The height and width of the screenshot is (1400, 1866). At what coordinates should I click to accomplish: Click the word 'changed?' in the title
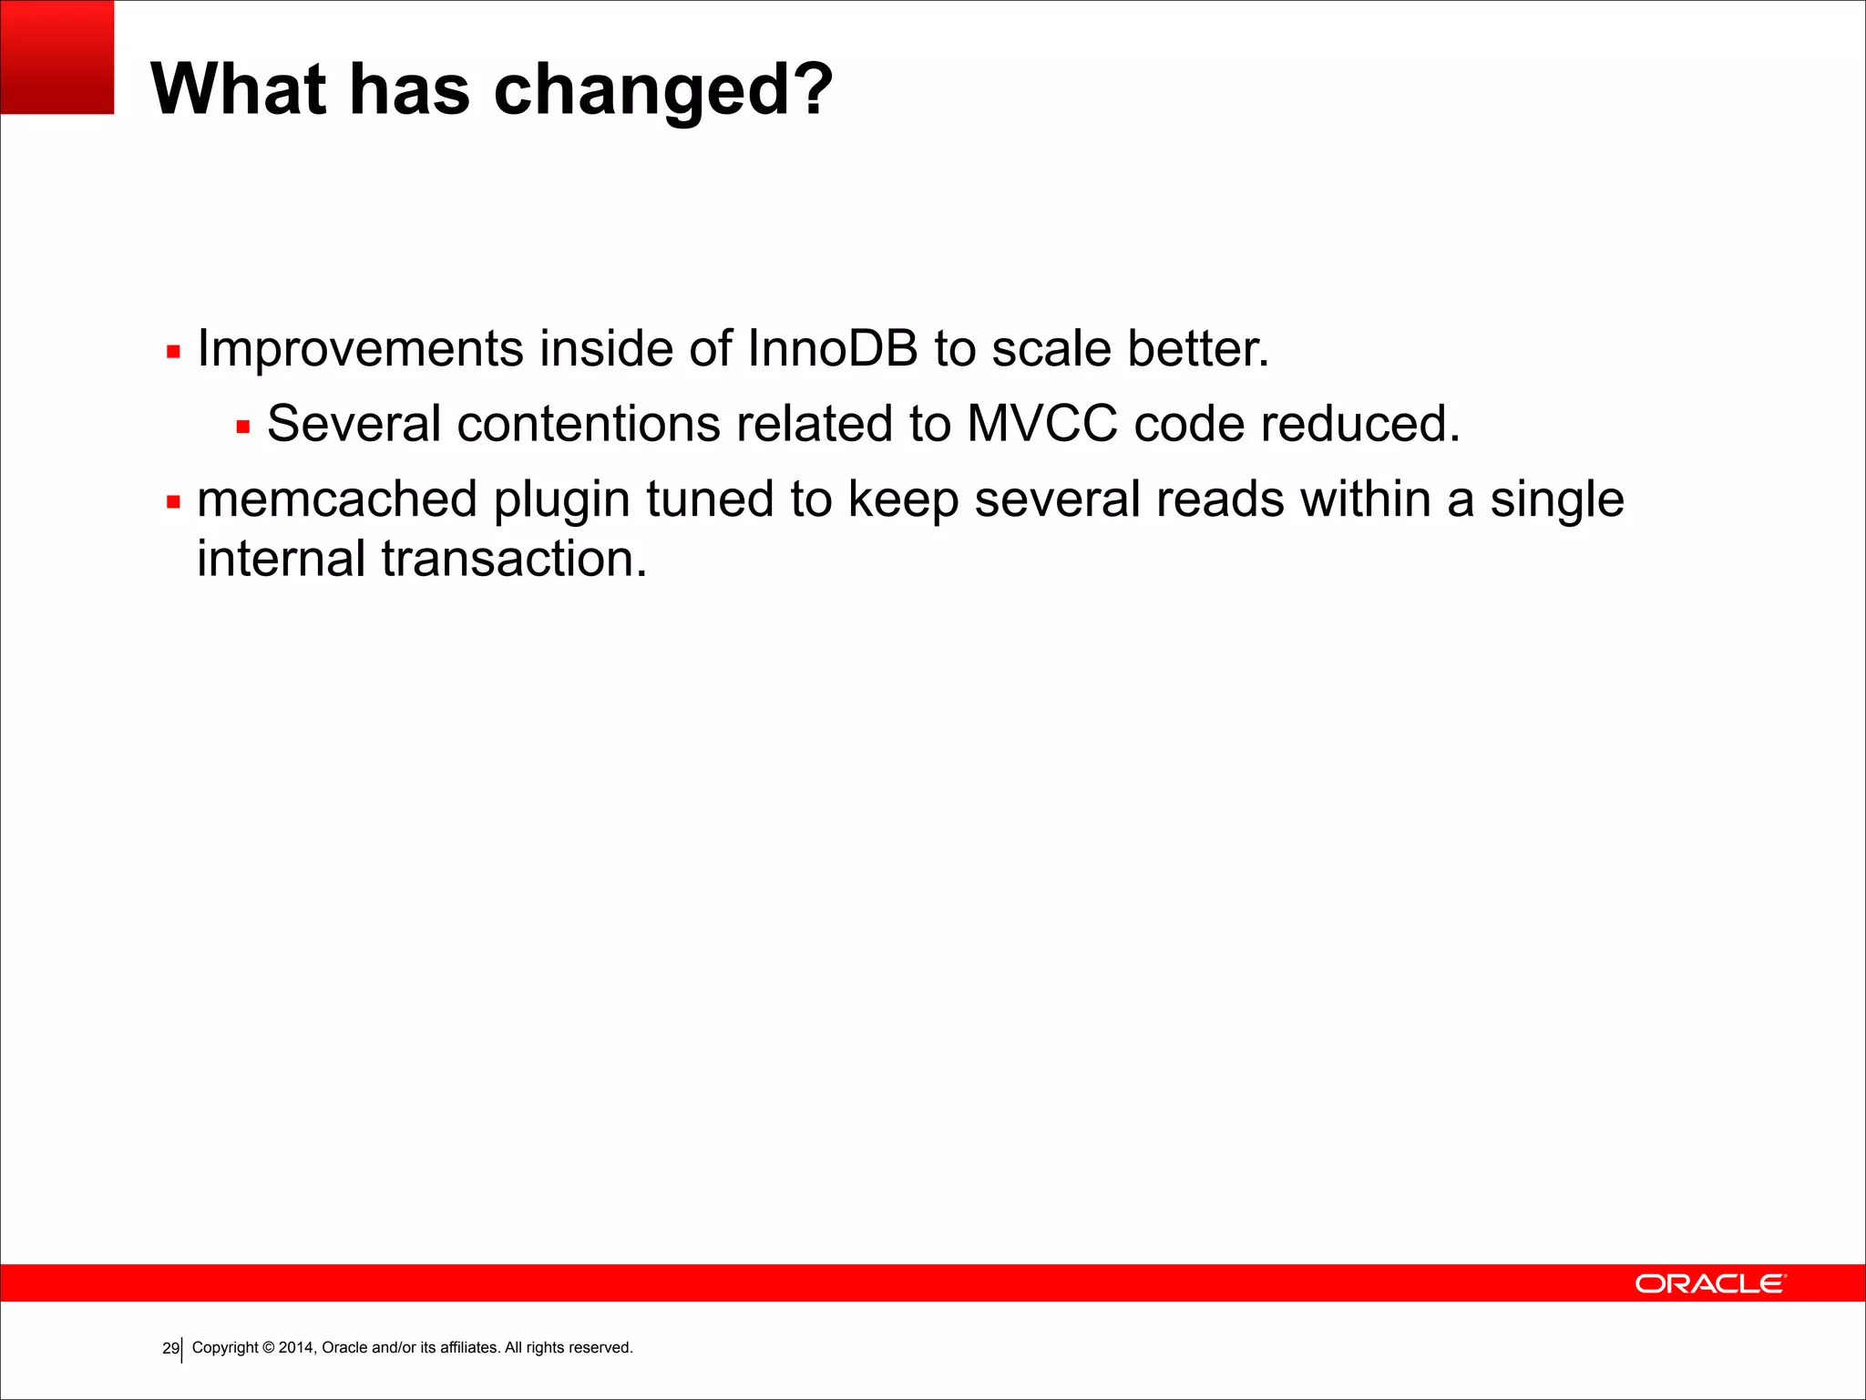662,90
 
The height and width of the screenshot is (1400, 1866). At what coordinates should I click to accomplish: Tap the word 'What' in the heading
239,88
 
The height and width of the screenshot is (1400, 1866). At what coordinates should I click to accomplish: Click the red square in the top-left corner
56,57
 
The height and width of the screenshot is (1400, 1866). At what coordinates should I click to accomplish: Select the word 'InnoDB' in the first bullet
832,348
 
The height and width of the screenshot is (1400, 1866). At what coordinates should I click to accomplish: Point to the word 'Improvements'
360,348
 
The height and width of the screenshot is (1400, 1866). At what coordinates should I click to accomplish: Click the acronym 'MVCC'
1041,424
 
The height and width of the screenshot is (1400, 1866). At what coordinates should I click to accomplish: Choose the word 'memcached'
337,499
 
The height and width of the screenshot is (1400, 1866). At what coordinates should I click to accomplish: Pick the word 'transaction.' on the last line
514,559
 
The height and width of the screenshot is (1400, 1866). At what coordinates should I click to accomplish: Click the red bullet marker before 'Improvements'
174,352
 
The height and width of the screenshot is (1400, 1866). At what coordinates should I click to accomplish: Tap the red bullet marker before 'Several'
243,427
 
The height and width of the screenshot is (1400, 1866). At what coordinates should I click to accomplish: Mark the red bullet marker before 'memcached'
174,502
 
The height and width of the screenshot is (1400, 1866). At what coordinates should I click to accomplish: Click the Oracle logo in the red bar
1710,1283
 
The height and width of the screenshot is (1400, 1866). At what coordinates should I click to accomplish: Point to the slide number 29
170,1348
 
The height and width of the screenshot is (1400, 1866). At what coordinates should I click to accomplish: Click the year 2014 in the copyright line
297,1347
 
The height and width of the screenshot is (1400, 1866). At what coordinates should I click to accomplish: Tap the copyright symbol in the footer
269,1347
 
